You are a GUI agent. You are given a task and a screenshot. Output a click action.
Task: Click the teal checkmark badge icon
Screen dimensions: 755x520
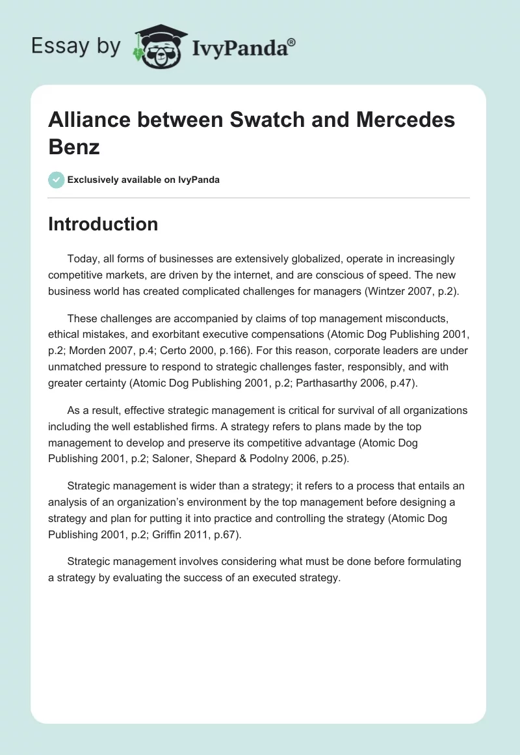tap(56, 180)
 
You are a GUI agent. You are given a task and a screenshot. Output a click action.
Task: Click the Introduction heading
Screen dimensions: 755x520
tap(103, 224)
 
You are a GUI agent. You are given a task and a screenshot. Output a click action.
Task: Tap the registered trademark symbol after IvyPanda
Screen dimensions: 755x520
tap(292, 41)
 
